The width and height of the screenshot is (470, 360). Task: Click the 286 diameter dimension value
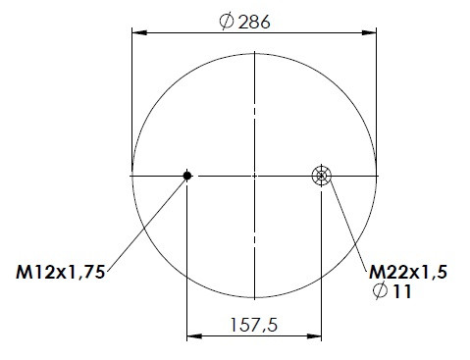[254, 23]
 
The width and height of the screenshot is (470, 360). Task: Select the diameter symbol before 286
[227, 22]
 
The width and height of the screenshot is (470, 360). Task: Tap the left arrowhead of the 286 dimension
[139, 32]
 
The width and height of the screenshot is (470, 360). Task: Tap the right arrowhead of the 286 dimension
[369, 32]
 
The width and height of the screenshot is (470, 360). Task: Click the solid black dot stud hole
[187, 176]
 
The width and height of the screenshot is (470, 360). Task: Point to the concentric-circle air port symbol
[322, 176]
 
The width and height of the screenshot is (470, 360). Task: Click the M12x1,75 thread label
[61, 272]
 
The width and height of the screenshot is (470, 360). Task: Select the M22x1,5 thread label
[408, 272]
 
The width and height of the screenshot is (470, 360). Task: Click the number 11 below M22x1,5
[402, 291]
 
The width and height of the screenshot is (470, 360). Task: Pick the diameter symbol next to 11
[380, 290]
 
